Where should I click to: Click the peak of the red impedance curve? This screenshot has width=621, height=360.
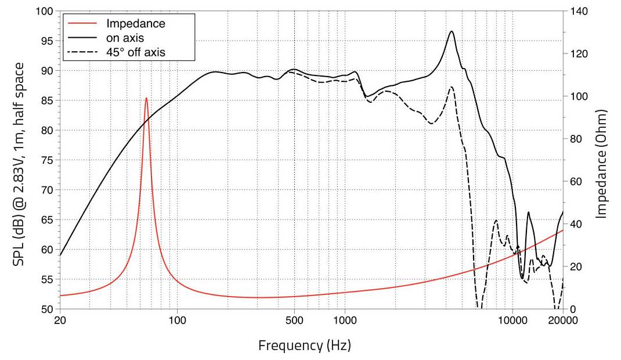point(146,98)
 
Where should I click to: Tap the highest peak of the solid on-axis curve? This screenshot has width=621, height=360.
point(452,31)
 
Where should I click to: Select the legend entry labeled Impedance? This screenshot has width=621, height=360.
point(136,24)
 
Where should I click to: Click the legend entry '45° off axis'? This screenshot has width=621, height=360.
point(136,52)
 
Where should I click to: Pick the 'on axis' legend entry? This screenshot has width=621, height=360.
point(125,38)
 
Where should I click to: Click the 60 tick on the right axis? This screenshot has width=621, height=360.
point(575,182)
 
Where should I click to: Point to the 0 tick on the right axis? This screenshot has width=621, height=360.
point(572,309)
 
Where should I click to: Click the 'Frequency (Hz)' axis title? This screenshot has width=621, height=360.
point(304,345)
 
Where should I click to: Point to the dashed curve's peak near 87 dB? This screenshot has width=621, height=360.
point(451,87)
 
